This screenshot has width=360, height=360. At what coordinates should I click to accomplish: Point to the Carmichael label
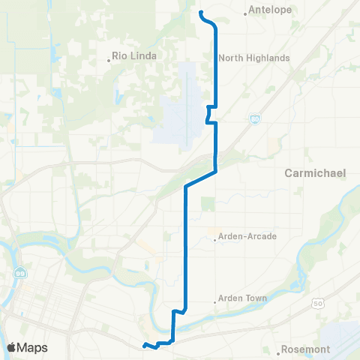315,173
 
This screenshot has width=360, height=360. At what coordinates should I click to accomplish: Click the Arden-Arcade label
248,236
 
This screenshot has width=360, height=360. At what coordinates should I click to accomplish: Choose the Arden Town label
244,298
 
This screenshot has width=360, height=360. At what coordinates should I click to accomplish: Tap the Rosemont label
307,349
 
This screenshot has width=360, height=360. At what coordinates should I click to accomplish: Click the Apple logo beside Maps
14,347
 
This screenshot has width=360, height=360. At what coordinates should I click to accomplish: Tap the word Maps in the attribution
34,347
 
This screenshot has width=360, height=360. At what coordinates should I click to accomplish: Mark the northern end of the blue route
199,12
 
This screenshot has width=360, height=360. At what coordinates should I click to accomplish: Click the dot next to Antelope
247,12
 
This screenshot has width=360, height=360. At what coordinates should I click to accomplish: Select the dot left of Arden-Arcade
216,240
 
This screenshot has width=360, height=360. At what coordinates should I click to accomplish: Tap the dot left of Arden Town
216,302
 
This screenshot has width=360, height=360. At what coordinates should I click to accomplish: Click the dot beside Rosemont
279,349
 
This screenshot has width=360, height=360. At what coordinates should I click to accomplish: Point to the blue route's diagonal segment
201,178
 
